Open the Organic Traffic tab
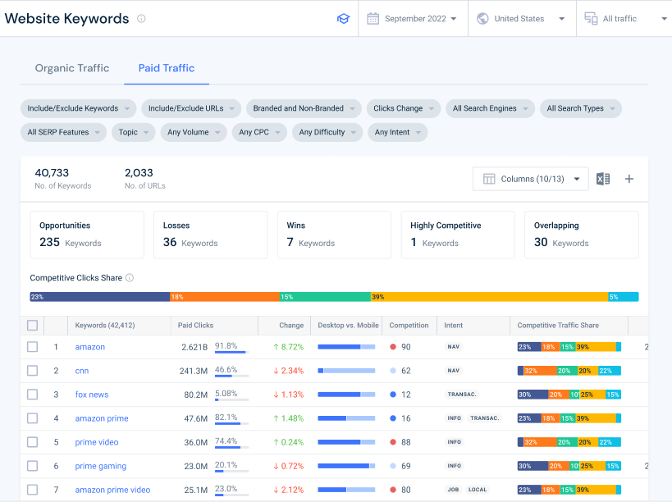pos(72,68)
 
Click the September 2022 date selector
pos(413,19)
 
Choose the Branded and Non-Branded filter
pos(304,108)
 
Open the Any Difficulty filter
pos(327,132)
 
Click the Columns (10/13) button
pos(530,179)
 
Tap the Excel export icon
pos(603,179)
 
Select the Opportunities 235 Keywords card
pos(86,235)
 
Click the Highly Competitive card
pos(458,235)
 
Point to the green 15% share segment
pos(324,297)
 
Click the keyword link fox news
pos(92,395)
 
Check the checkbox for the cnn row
pos(32,371)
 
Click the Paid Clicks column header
pos(196,326)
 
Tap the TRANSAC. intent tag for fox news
pos(461,395)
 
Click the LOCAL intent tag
pos(478,490)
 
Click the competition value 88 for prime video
pos(405,442)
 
